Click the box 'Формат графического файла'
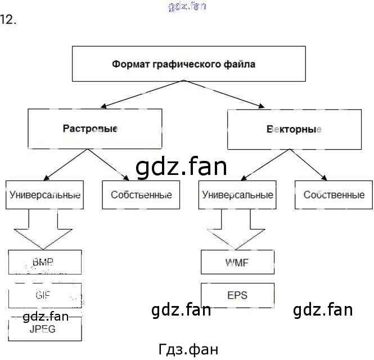[x=184, y=64]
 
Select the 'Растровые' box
[x=95, y=129]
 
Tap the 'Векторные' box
[x=294, y=129]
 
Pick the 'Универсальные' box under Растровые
[x=45, y=195]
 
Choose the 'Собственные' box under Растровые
[x=141, y=195]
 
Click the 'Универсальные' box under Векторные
[x=237, y=195]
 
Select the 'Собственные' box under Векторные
[x=334, y=195]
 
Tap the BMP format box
[x=45, y=262]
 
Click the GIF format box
[x=45, y=295]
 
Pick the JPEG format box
[x=45, y=329]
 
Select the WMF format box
[x=237, y=262]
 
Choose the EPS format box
[x=237, y=295]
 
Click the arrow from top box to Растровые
[x=141, y=94]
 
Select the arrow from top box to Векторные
[x=225, y=94]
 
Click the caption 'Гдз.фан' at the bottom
[x=188, y=349]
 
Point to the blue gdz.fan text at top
[x=187, y=6]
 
